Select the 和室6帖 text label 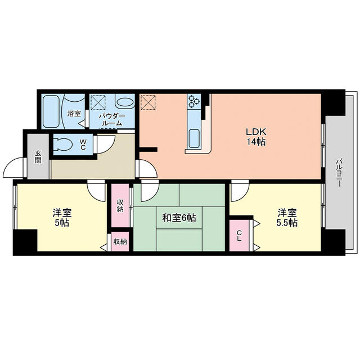179,217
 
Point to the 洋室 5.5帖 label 287,218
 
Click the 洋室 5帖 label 62,218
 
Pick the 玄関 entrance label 38,156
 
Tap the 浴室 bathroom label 74,114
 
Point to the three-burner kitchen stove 194,101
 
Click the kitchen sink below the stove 194,137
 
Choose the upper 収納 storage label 120,205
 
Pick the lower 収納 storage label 120,242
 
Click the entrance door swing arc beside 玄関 12,169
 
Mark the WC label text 82,145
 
